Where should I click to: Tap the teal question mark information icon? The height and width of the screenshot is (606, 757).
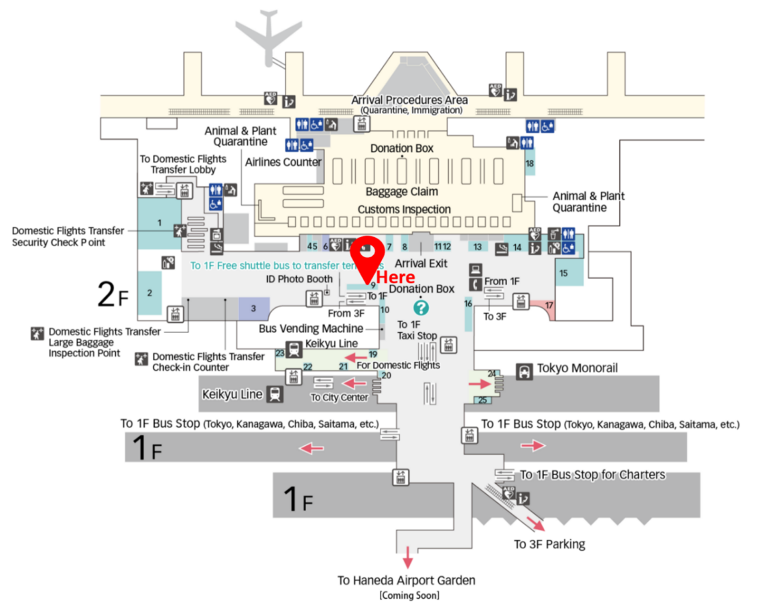pyautogui.click(x=421, y=308)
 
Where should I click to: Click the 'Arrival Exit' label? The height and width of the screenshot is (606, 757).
pyautogui.click(x=421, y=263)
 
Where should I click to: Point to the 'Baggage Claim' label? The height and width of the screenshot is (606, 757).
pyautogui.click(x=402, y=191)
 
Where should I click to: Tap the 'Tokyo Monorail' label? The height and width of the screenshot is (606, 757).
pyautogui.click(x=577, y=368)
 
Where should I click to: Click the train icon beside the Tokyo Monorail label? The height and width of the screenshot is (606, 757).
pyautogui.click(x=524, y=371)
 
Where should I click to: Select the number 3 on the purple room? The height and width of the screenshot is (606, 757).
pyautogui.click(x=253, y=308)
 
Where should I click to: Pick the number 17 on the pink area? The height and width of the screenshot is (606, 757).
pyautogui.click(x=549, y=305)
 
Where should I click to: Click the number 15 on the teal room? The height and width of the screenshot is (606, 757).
pyautogui.click(x=563, y=273)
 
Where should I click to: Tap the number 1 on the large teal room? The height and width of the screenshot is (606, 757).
pyautogui.click(x=159, y=223)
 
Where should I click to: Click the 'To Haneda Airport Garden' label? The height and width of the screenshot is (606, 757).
pyautogui.click(x=406, y=580)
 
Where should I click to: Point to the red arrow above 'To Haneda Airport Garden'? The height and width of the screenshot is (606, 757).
pyautogui.click(x=408, y=557)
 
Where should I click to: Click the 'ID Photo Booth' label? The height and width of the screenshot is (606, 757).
pyautogui.click(x=299, y=279)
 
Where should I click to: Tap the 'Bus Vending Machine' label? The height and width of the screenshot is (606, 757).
pyautogui.click(x=311, y=328)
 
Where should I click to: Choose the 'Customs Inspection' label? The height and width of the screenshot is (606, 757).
pyautogui.click(x=404, y=209)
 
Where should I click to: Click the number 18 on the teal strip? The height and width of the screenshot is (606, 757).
pyautogui.click(x=530, y=163)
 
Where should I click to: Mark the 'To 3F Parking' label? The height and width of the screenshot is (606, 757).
pyautogui.click(x=549, y=544)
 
